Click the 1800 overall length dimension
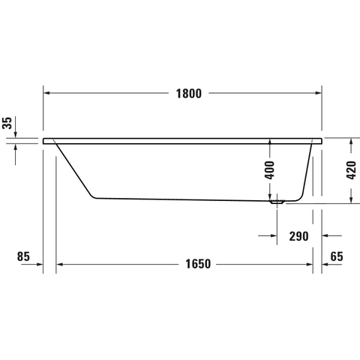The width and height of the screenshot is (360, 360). [189, 94]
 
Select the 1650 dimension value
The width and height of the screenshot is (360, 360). [198, 264]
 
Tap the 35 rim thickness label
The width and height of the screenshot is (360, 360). [7, 123]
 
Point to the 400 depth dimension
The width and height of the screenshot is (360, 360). [269, 170]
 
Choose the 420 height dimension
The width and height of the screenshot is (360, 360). [351, 170]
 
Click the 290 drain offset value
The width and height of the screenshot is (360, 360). [298, 236]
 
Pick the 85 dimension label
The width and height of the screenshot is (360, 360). [23, 256]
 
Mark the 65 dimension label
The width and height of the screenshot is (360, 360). [337, 256]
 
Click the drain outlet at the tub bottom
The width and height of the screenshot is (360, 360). [277, 202]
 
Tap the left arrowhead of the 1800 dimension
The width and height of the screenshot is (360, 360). [46, 93]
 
